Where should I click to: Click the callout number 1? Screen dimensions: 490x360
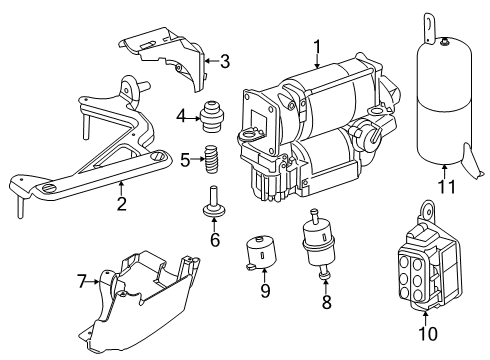pos(317,47)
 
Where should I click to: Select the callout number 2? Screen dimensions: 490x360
pos(122,204)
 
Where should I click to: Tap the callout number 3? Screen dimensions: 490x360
pos(225,61)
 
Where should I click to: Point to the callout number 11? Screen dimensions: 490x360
pos(446,187)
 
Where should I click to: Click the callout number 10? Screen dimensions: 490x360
pos(428,333)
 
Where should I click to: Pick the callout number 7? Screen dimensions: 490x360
pos(82,281)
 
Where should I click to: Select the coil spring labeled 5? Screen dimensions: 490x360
pos(211,159)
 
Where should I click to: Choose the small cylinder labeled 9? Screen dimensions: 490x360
pos(261,252)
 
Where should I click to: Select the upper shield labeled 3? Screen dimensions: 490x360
pos(164,57)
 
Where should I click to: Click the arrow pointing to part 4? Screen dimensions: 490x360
pos(192,118)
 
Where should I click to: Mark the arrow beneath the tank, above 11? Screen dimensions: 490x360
pos(445,172)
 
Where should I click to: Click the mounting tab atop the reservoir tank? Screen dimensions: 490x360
pos(429,28)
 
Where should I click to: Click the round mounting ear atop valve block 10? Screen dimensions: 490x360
pos(427,209)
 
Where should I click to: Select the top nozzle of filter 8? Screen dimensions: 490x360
pos(314,216)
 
